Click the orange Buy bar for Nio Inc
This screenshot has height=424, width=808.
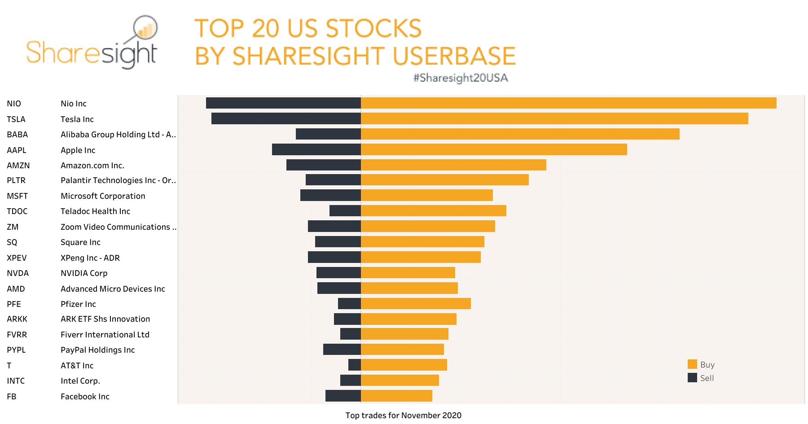pyautogui.click(x=568, y=103)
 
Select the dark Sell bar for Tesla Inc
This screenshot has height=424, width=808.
pyautogui.click(x=286, y=118)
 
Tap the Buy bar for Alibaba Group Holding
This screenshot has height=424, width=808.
pyautogui.click(x=520, y=134)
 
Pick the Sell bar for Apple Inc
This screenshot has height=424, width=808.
pyautogui.click(x=316, y=149)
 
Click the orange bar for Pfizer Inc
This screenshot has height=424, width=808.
pyautogui.click(x=416, y=304)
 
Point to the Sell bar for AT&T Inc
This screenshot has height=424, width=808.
pyautogui.click(x=355, y=365)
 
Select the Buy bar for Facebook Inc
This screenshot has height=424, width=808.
pyautogui.click(x=396, y=396)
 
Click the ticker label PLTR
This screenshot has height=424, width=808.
pyautogui.click(x=16, y=180)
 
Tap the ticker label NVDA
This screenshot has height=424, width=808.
pyautogui.click(x=18, y=273)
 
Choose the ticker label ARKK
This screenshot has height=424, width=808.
pyautogui.click(x=17, y=319)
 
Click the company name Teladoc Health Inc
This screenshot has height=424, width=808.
pyautogui.click(x=95, y=211)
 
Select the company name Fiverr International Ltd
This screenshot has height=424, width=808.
pyautogui.click(x=105, y=335)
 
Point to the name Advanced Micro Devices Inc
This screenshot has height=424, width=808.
pyautogui.click(x=113, y=289)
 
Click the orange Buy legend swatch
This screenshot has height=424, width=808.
pyautogui.click(x=692, y=364)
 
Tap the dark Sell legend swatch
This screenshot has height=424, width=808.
pyautogui.click(x=692, y=378)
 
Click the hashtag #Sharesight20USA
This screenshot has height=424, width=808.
pyautogui.click(x=461, y=78)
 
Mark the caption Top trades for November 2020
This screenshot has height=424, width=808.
pyautogui.click(x=403, y=415)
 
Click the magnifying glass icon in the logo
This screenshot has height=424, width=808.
pyautogui.click(x=145, y=28)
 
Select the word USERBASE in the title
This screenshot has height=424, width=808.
pyautogui.click(x=454, y=56)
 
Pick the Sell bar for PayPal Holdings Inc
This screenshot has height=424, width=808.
pyautogui.click(x=342, y=349)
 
